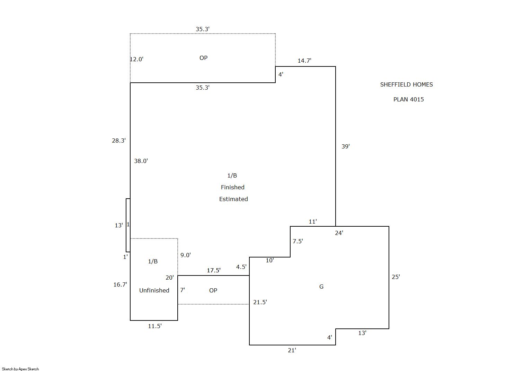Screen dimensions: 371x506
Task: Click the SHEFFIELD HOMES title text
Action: tap(406, 84)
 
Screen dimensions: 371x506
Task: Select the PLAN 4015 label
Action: tap(408, 99)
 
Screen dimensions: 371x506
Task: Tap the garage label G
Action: tap(321, 287)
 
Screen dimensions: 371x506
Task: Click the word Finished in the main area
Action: tap(232, 187)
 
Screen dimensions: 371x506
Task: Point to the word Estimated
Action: tap(233, 199)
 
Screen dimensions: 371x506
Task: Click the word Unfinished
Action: tap(154, 290)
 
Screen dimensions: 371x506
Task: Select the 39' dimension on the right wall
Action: tap(345, 146)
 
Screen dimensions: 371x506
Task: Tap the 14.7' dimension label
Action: tap(304, 61)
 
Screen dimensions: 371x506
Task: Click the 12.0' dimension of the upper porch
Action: tap(136, 59)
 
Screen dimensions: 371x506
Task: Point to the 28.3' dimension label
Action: tap(118, 141)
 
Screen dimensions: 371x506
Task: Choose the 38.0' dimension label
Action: tap(141, 161)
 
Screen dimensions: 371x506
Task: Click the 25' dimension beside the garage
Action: tap(396, 277)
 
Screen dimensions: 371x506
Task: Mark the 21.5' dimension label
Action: tap(260, 302)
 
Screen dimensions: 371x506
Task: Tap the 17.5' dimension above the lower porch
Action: tap(213, 270)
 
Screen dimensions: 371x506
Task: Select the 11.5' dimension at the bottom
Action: tap(154, 326)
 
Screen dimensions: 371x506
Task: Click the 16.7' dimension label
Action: tap(120, 284)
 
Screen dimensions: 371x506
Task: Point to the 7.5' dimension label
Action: tap(298, 241)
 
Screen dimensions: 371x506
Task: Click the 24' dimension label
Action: tap(339, 233)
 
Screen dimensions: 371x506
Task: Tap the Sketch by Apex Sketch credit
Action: tap(20, 369)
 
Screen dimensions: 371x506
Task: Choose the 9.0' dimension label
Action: tap(185, 255)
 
